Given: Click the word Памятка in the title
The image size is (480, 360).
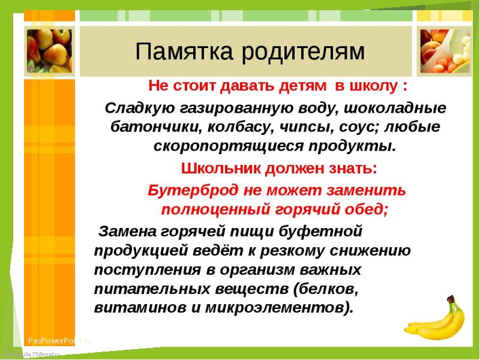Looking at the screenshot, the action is (184, 51).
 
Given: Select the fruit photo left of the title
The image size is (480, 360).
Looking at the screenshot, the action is (49, 51).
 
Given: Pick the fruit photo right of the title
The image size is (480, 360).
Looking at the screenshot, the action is (445, 51).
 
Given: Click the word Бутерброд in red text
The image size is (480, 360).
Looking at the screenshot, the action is (193, 191).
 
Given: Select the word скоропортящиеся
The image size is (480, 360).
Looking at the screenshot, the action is (228, 146).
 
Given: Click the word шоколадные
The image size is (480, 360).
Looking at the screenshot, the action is (395, 108).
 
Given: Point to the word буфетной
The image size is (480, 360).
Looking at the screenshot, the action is (320, 231).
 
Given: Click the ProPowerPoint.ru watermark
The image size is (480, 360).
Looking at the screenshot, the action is (60, 341).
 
